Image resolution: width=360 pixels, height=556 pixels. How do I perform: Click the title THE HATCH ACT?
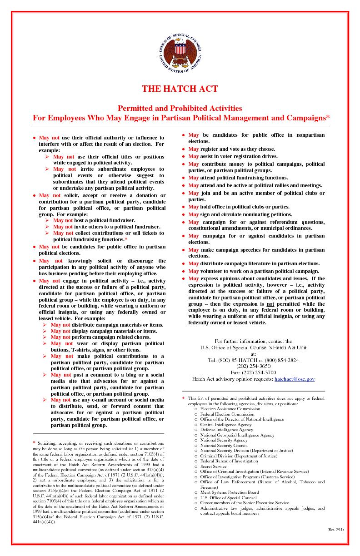pos(180,89)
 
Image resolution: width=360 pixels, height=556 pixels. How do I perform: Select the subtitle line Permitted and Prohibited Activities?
pos(180,108)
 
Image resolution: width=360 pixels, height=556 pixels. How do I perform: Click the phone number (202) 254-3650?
pos(253,366)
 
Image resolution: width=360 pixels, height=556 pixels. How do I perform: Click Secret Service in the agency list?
pos(213,466)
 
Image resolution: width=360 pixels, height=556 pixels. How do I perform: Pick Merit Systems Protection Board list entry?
pos(230,492)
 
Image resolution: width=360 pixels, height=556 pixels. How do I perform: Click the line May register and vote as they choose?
pos(232,149)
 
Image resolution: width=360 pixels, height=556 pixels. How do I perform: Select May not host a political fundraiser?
pos(94,220)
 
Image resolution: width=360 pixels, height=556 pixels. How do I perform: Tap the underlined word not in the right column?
pos(270,304)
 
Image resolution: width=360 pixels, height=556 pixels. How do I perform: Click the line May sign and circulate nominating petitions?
pos(240,214)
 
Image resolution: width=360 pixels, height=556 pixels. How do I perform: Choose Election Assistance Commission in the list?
pos(230,408)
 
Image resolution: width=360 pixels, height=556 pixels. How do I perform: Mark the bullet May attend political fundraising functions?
pos(238,178)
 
